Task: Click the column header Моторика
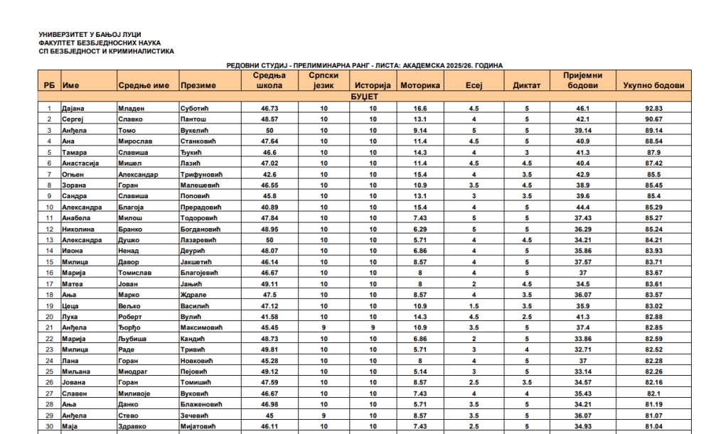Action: [421, 86]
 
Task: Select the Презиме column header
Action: [198, 86]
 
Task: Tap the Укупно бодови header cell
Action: [653, 86]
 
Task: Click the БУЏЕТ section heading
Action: [364, 96]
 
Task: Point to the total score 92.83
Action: [653, 109]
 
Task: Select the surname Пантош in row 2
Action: [195, 119]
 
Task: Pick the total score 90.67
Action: [653, 119]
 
